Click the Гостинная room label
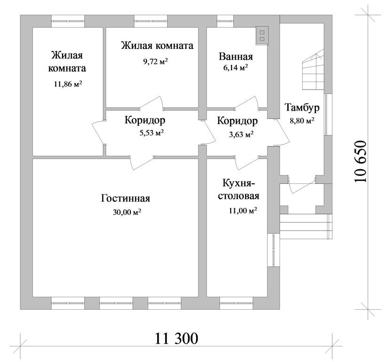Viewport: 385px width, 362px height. click(125, 198)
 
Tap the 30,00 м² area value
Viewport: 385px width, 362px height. click(127, 212)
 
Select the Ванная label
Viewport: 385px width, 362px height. click(236, 57)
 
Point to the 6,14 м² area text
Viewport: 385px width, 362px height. click(235, 67)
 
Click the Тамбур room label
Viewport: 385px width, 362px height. click(302, 108)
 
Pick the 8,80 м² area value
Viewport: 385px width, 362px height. click(302, 121)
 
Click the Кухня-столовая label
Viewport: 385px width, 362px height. click(239, 189)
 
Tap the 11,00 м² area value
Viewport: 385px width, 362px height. click(243, 211)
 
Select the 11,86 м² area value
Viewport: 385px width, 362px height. click(68, 84)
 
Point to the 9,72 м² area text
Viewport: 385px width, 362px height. click(155, 61)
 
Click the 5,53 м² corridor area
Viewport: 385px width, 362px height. click(152, 133)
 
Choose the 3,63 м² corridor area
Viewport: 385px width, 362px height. click(241, 134)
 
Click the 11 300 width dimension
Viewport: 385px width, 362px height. click(176, 338)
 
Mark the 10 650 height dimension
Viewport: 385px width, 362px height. click(361, 161)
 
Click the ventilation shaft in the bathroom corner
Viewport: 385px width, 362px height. click(262, 36)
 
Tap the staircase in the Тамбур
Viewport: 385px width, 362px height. click(313, 70)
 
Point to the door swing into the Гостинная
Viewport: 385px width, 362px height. click(142, 163)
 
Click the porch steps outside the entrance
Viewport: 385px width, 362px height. click(306, 227)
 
